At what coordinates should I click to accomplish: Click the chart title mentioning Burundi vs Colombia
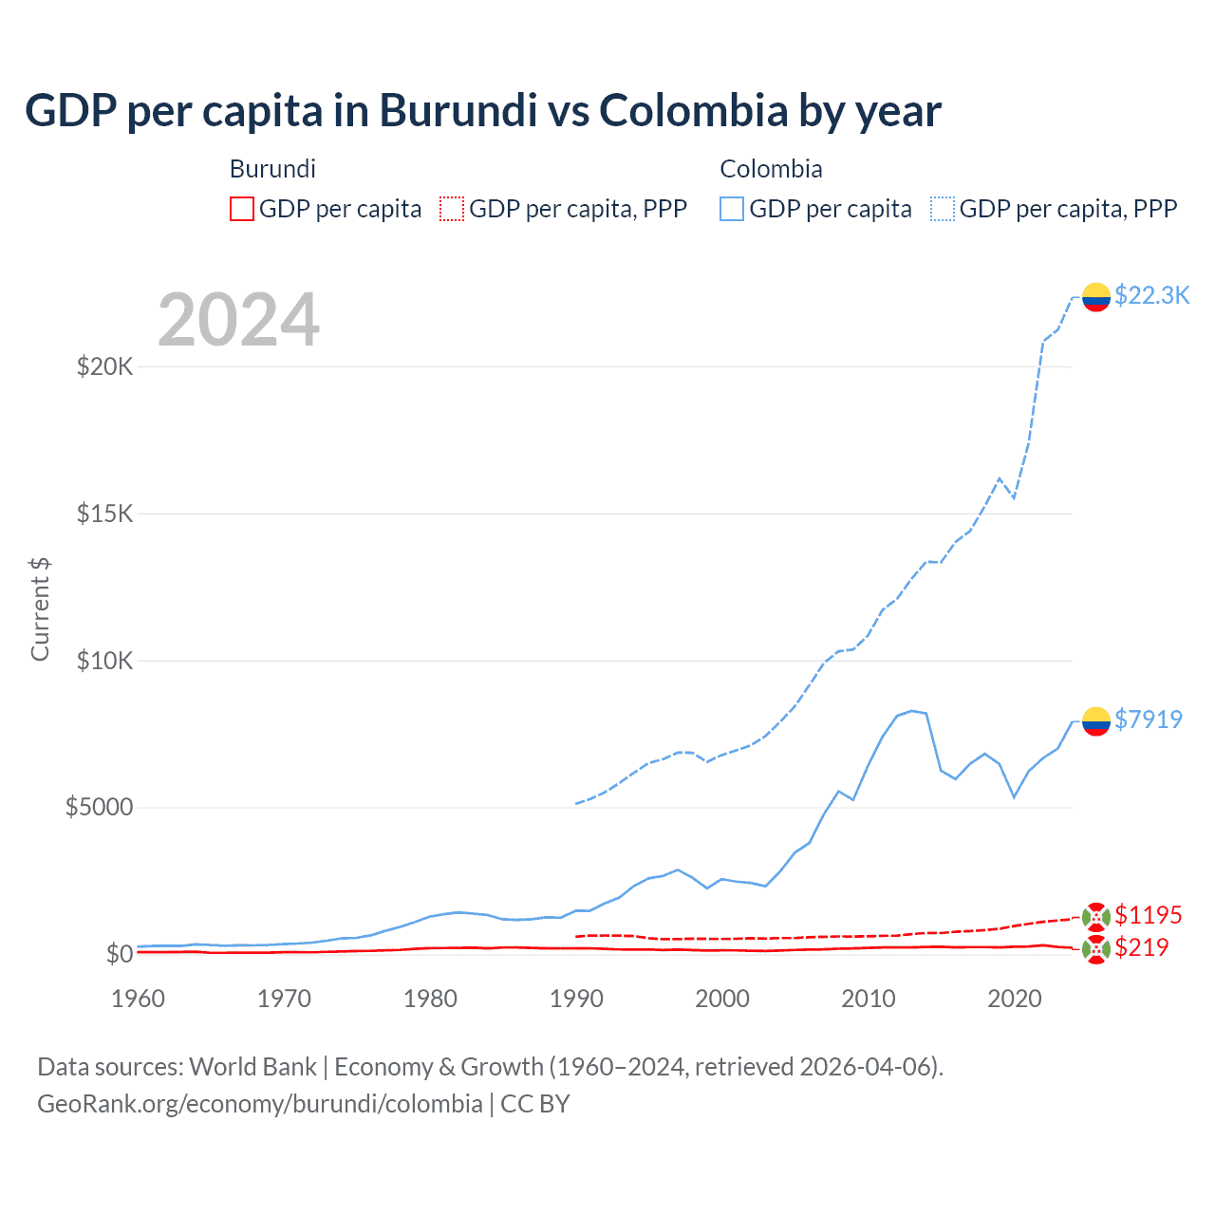(482, 111)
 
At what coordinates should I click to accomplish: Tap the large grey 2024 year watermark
(238, 320)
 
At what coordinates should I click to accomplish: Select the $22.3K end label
(1151, 295)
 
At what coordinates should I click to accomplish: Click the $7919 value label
(1148, 720)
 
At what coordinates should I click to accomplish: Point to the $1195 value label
(1148, 915)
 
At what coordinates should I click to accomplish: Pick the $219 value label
(1141, 947)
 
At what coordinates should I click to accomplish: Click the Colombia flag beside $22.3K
(1095, 297)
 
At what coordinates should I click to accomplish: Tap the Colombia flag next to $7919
(1095, 721)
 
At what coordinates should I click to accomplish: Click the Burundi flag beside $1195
(1095, 917)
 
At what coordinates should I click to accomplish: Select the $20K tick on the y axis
(104, 366)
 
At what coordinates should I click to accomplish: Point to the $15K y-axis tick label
(104, 514)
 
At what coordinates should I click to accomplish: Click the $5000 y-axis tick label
(99, 807)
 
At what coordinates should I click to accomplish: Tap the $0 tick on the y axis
(119, 954)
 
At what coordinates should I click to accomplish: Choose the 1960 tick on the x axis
(139, 999)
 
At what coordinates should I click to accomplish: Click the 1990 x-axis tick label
(576, 999)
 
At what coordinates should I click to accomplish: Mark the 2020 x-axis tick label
(1015, 999)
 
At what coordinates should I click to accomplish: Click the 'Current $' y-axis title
(40, 608)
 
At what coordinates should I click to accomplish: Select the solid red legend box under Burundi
(242, 209)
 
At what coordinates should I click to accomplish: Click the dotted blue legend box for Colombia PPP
(943, 209)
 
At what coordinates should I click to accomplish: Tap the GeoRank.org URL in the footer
(259, 1104)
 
